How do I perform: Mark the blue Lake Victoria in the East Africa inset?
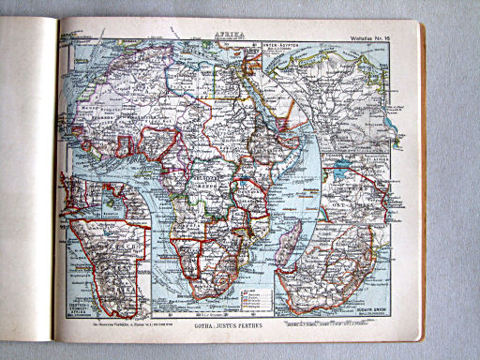click(340, 174)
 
